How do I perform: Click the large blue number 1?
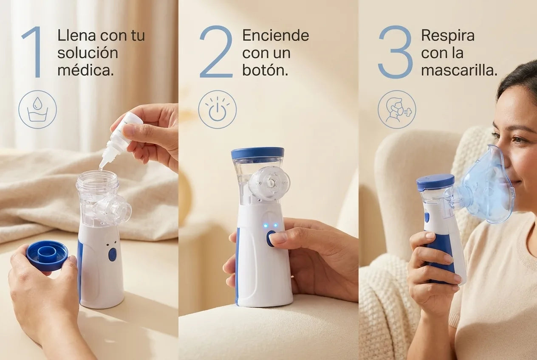34,52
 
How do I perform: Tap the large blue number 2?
216,52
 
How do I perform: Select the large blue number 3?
396,52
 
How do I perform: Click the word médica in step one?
85,70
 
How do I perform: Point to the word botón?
265,70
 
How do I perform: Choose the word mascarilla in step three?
459,70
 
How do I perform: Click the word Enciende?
276,36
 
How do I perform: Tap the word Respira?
448,36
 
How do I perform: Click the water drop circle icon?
38,109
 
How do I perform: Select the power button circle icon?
217,109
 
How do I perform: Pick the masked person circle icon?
397,109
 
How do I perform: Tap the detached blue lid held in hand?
47,255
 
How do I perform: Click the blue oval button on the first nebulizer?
112,254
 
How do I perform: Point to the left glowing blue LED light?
265,225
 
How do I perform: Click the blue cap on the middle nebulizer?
257,153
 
